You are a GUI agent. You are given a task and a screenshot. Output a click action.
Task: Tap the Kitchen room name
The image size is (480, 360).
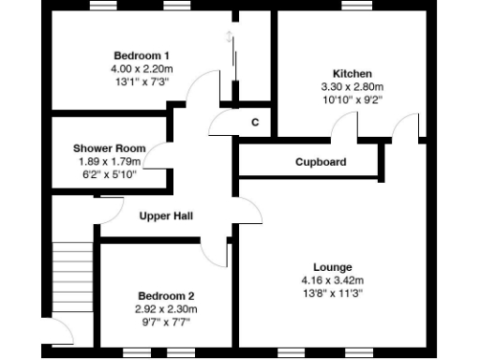pyautogui.click(x=352, y=73)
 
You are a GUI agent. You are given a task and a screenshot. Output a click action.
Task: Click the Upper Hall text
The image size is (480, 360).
pyautogui.click(x=166, y=217)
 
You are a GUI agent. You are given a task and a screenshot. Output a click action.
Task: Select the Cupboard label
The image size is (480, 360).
pyautogui.click(x=321, y=162)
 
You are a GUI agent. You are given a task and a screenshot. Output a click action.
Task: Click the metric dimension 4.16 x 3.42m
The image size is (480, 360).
pyautogui.click(x=332, y=280)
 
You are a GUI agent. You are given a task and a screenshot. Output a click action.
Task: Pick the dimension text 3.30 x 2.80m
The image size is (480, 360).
pyautogui.click(x=352, y=86)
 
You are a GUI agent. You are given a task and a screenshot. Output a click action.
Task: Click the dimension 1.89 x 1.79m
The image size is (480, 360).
pyautogui.click(x=108, y=161)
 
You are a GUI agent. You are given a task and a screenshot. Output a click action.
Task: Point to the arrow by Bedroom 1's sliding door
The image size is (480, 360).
pyautogui.click(x=229, y=38)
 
